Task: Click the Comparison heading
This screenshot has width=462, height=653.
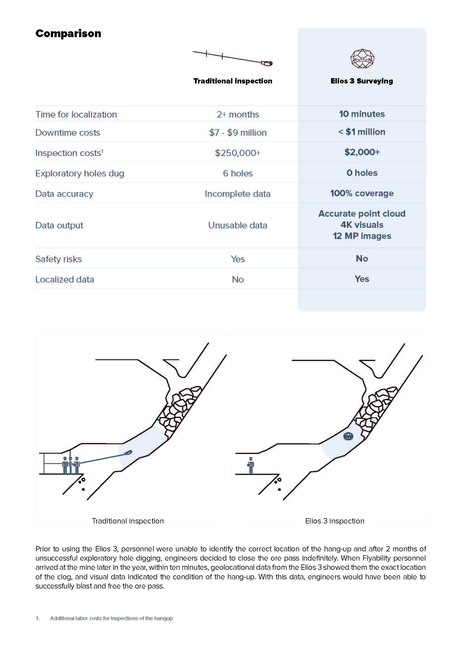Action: pos(68,34)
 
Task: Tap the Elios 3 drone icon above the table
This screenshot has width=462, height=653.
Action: pos(362,59)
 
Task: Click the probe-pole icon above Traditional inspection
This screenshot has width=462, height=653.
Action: pos(232,58)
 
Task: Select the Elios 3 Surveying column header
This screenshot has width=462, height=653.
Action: pos(361,81)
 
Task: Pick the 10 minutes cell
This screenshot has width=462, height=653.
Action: pos(361,114)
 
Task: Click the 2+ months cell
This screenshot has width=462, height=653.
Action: pos(238,115)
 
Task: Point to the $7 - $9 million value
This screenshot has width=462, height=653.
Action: pos(238,133)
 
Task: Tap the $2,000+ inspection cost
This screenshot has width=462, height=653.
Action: pos(362,152)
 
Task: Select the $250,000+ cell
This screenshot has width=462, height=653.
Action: pos(238,153)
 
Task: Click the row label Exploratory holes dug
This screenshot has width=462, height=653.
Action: pos(80,173)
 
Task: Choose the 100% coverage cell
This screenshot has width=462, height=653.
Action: pos(362,193)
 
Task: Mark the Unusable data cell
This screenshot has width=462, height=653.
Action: pos(238,225)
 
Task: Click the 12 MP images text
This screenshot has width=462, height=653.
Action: pos(362,236)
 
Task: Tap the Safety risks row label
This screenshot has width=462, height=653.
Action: pos(59,259)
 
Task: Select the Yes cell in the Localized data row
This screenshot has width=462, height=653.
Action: pos(362,279)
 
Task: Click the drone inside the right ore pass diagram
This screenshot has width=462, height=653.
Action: pos(348,436)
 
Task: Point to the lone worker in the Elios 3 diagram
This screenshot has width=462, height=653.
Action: pos(251,465)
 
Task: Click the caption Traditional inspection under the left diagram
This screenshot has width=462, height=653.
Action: pos(128,521)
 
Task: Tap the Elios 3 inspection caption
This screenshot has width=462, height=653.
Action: pos(335,521)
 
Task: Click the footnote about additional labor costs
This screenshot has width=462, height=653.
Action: pos(111,618)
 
